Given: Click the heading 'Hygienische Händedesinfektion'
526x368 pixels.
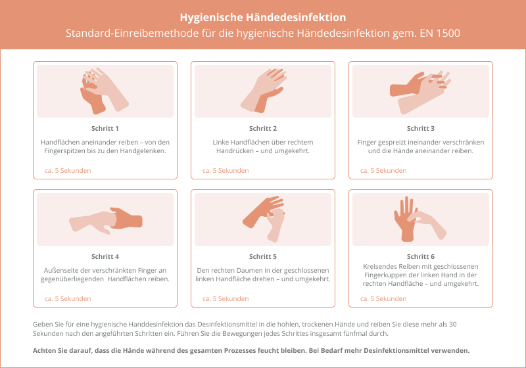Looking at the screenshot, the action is click(x=262, y=18).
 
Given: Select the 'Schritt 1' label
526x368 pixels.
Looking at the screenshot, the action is click(x=105, y=128).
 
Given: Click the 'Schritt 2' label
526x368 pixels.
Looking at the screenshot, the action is click(x=262, y=128).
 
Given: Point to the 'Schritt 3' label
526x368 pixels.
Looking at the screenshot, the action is click(x=421, y=128).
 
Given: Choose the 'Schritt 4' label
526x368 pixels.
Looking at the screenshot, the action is click(x=105, y=256).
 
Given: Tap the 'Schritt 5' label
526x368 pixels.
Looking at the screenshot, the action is click(x=262, y=256).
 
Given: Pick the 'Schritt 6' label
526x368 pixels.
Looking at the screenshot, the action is click(x=421, y=256).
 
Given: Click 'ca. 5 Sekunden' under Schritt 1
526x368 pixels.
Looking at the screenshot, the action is click(x=68, y=170).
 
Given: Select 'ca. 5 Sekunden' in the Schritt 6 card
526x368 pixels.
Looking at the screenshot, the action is click(x=383, y=298).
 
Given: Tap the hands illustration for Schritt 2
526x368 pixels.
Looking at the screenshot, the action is click(x=264, y=91).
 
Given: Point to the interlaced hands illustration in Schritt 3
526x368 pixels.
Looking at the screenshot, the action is click(x=419, y=92).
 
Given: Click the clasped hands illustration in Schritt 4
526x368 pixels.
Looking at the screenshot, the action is click(x=106, y=220).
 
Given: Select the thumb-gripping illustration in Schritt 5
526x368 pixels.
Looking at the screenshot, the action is click(x=264, y=219).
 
